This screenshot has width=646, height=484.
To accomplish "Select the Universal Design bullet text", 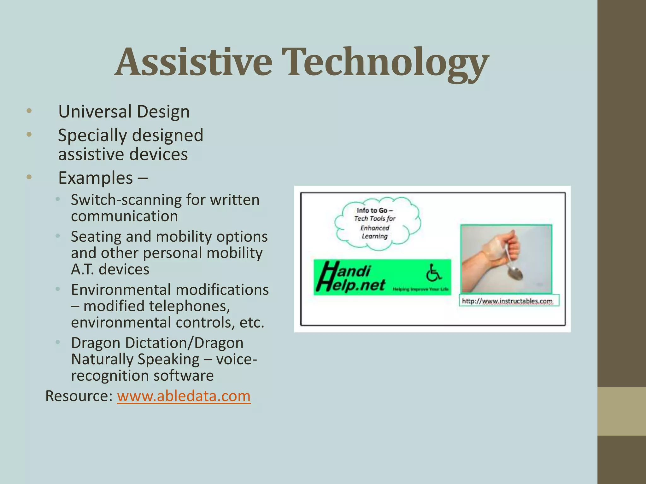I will point(124,112).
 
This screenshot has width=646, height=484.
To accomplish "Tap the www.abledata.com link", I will point(184,396).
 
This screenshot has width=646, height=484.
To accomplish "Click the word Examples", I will point(95,178).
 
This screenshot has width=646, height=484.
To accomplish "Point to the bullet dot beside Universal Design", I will point(29,111).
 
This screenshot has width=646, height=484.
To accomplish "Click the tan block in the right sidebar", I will point(621,411).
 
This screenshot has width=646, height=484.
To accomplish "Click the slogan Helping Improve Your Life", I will point(420,289).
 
